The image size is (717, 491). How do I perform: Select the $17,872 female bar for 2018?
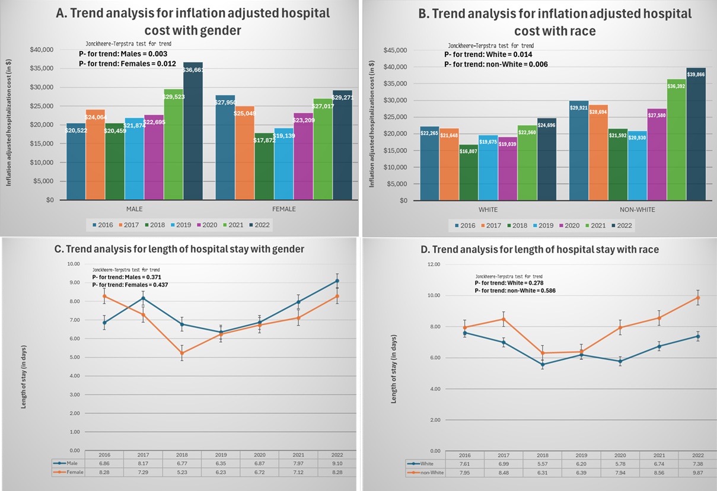coord(264,166)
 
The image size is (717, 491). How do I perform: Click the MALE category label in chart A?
coord(135,209)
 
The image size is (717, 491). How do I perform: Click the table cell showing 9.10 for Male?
coord(336,463)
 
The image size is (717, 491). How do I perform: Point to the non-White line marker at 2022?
coord(698,298)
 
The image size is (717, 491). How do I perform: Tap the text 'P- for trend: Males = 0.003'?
coord(126,54)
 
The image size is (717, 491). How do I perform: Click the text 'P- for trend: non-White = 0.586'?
coord(514,291)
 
